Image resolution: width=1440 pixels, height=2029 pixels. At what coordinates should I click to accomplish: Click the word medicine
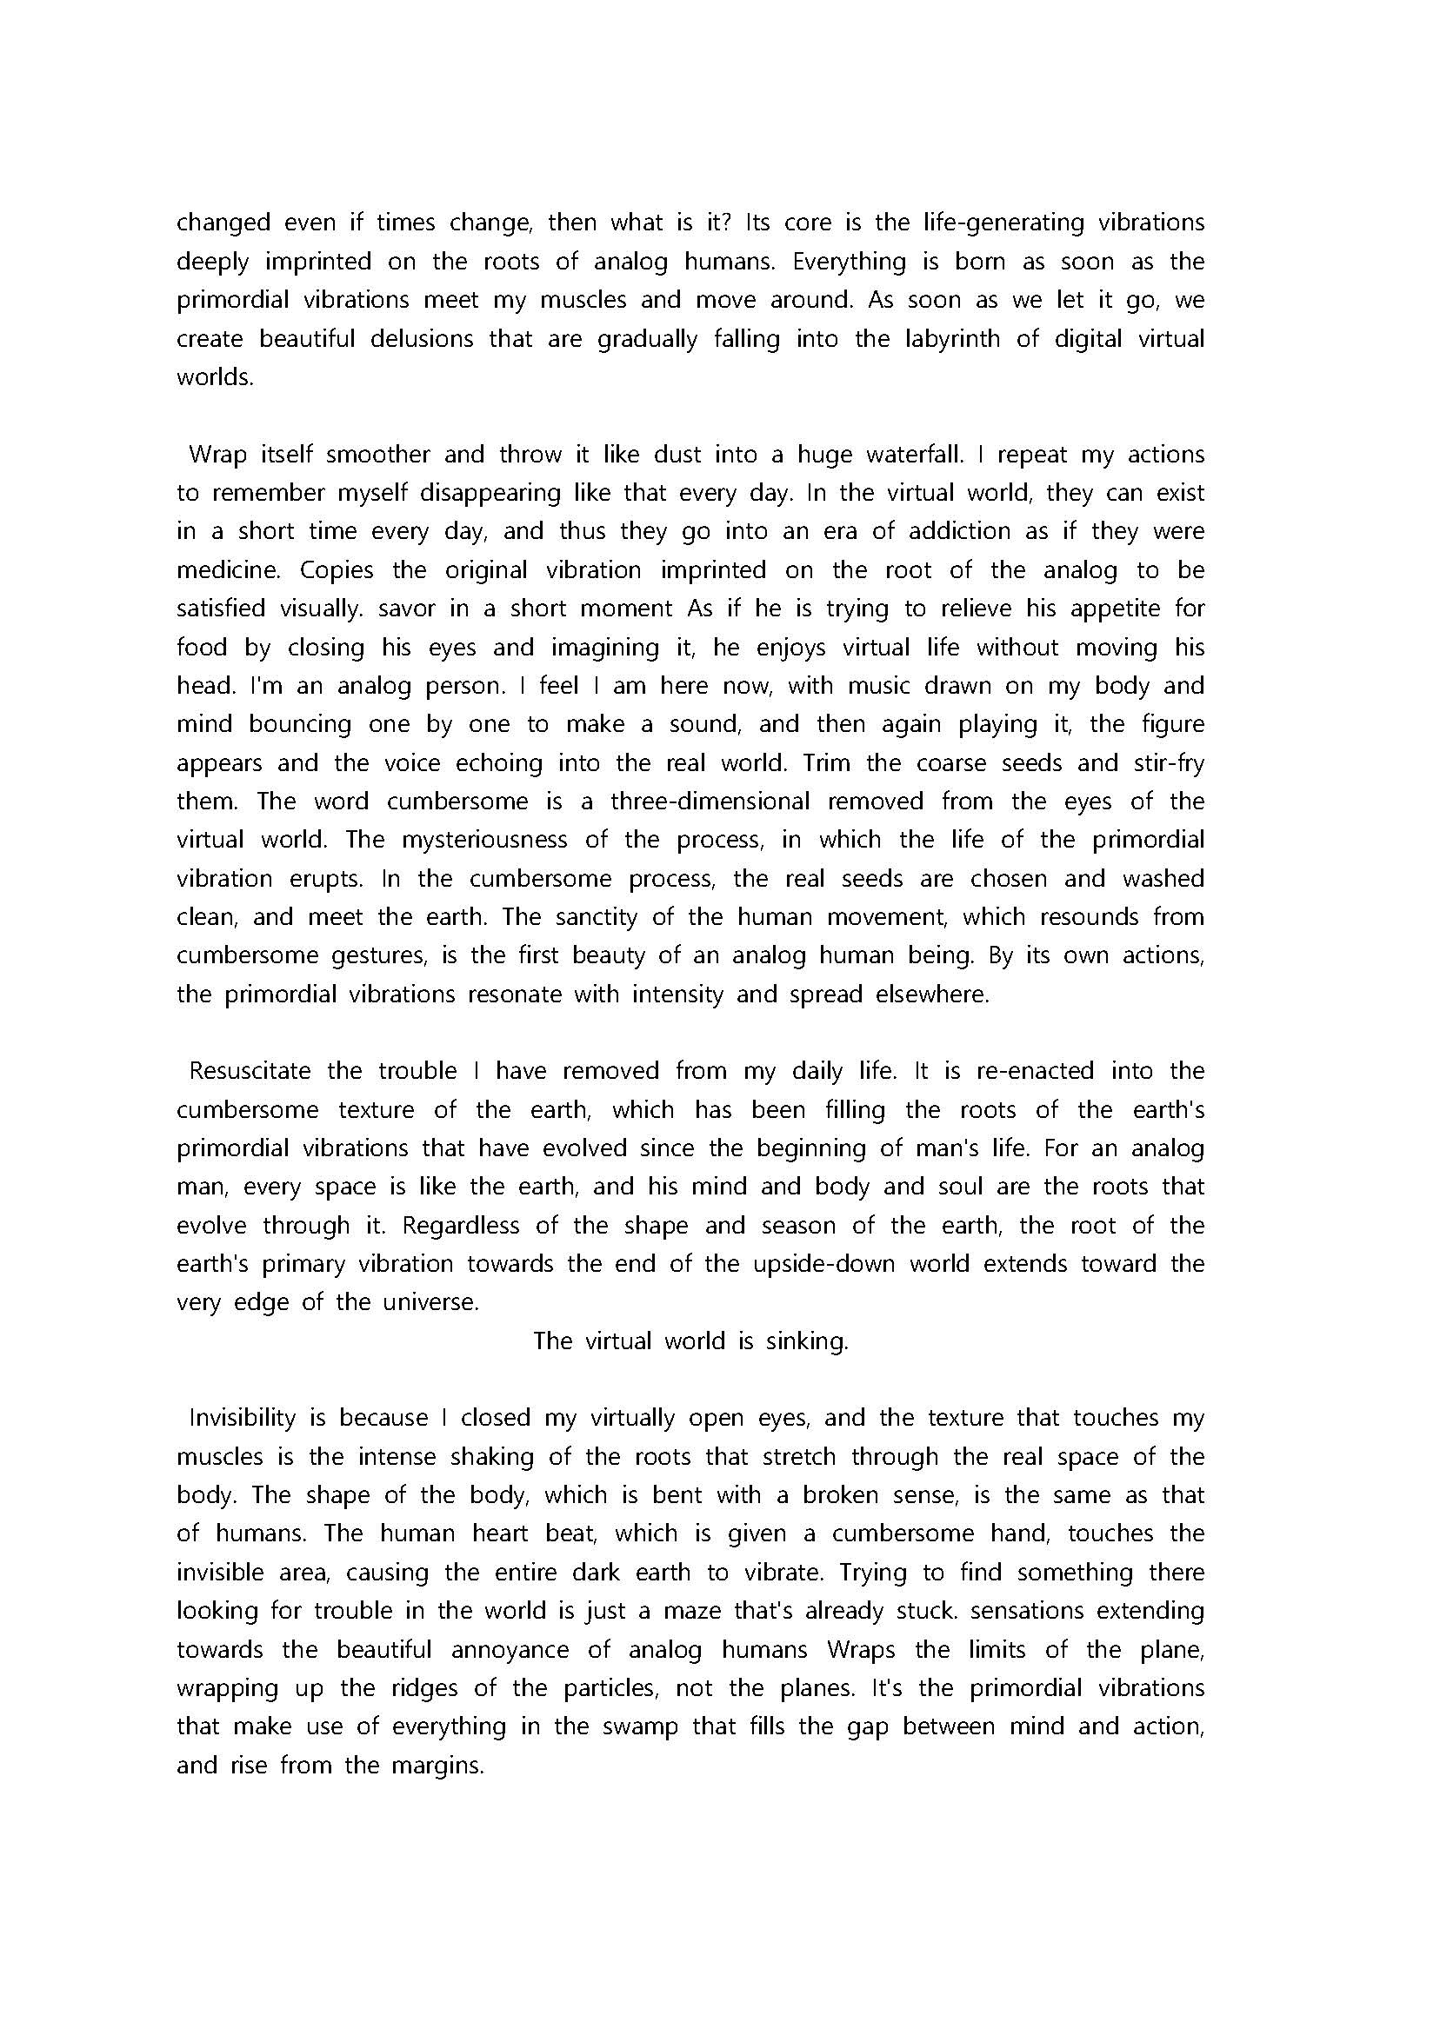coord(229,570)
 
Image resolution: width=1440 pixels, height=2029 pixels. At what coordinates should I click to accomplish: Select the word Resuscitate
coord(250,1072)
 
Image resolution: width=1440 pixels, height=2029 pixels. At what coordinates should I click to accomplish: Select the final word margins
coord(437,1766)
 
